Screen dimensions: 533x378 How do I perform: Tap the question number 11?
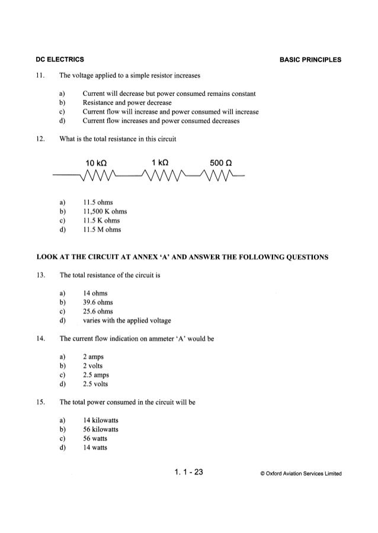coord(40,75)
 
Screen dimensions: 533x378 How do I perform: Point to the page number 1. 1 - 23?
coord(189,472)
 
